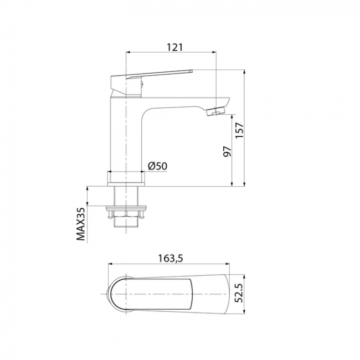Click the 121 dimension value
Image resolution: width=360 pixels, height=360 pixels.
coord(174,47)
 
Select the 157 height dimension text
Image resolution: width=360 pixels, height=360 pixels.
coord(239,130)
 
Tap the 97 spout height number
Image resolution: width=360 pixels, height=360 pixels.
coord(227,151)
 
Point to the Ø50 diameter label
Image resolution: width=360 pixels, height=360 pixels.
coord(157,166)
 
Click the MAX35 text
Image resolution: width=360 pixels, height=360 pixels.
coord(81,223)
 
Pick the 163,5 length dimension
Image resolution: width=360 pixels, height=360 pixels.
coord(171,258)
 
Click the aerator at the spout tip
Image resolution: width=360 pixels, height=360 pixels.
coord(216,111)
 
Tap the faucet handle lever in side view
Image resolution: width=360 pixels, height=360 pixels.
coord(152,74)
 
